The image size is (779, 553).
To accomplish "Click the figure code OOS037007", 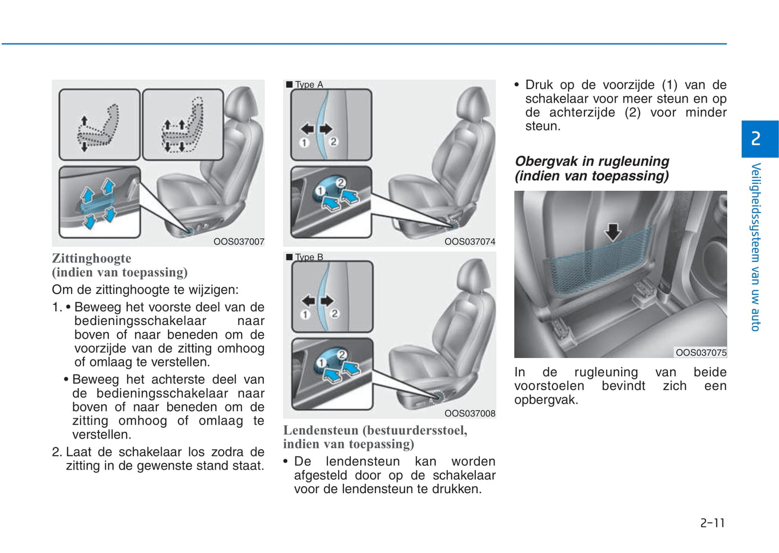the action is [239, 241].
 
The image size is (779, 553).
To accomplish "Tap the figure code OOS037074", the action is [470, 241].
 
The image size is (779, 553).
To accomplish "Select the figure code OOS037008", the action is [470, 413].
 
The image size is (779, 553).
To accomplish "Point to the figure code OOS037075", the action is [701, 352].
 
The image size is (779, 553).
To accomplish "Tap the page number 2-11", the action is [713, 523].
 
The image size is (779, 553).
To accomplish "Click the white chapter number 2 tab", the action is [756, 139].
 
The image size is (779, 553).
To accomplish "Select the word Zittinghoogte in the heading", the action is [92, 258].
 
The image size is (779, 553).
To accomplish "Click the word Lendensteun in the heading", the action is [321, 430].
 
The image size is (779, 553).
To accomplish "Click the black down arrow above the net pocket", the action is [613, 232].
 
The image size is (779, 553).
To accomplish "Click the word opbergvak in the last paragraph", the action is [546, 400].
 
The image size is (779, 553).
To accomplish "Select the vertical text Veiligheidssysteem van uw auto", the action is [756, 247].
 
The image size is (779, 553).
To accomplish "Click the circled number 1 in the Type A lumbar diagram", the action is [304, 143].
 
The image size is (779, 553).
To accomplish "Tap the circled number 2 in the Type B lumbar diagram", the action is [335, 314].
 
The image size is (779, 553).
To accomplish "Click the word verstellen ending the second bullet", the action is [102, 434].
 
